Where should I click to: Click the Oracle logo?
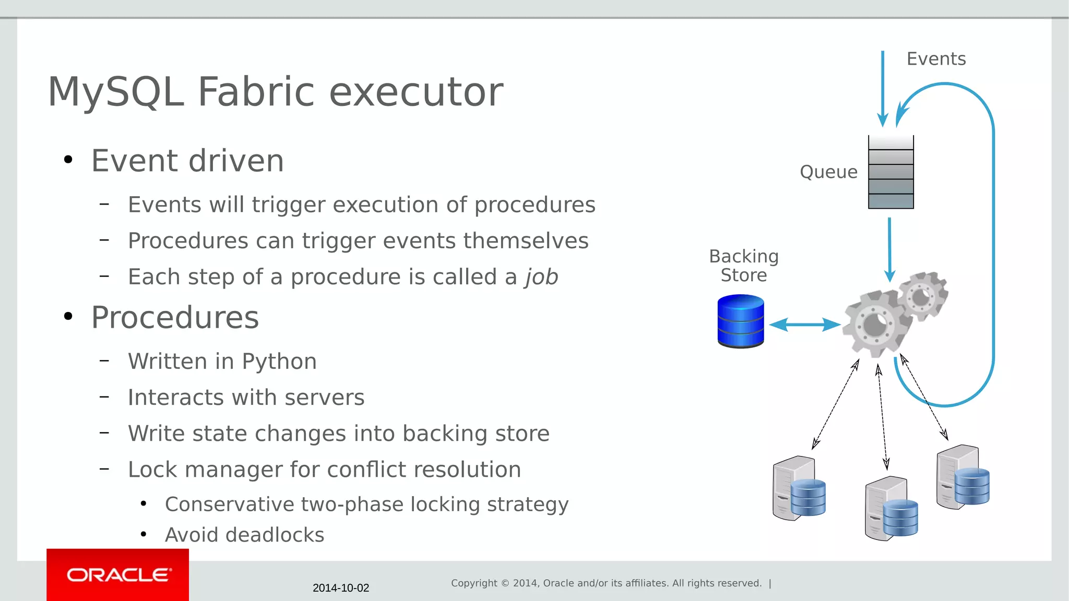118,575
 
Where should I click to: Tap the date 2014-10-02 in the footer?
341,588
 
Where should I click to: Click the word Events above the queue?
936,59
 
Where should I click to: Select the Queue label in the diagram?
828,172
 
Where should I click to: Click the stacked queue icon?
890,172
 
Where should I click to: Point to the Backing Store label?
743,266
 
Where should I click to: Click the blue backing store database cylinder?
741,321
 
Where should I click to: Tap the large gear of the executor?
874,324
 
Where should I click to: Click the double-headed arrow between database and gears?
804,324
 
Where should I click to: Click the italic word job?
542,277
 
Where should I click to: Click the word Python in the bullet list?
279,362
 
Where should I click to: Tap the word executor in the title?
415,92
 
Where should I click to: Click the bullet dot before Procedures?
68,317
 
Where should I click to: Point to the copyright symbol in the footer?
505,583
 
